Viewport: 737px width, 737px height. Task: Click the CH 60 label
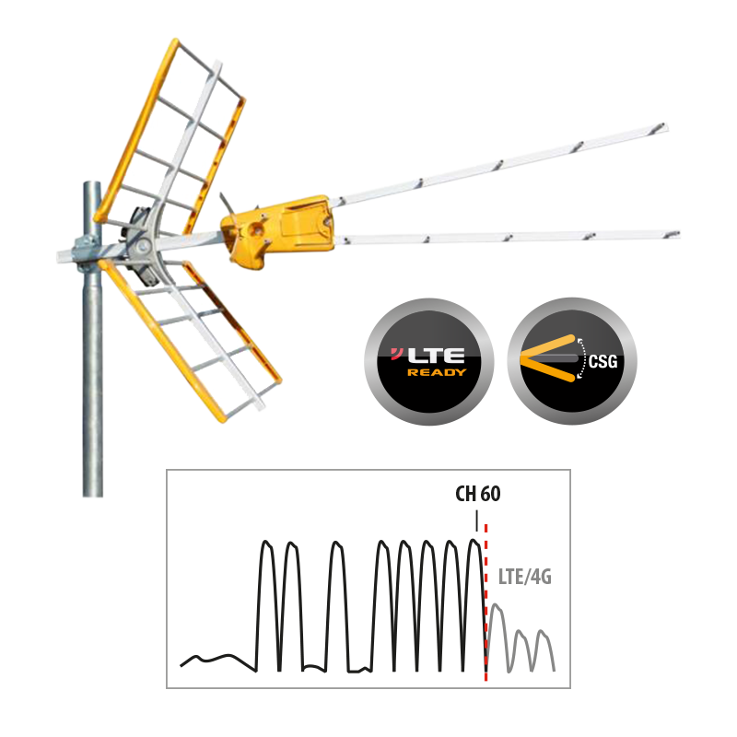(x=477, y=494)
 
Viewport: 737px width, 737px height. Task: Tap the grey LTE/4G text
(x=524, y=577)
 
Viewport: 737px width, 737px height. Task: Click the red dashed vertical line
(x=485, y=602)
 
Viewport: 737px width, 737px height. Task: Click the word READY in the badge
(x=437, y=373)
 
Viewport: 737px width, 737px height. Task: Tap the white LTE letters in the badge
(x=437, y=356)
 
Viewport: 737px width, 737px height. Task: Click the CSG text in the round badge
(x=603, y=362)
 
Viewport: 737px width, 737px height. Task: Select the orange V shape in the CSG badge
(x=547, y=357)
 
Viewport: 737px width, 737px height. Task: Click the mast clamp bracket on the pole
(x=87, y=254)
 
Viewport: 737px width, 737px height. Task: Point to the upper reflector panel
(x=170, y=136)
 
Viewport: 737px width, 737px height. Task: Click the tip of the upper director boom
(x=665, y=126)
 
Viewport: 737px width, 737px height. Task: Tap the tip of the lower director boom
(x=677, y=234)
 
